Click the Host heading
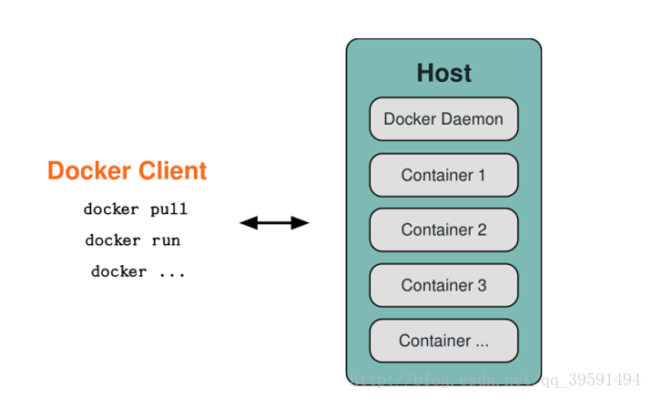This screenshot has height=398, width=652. click(443, 73)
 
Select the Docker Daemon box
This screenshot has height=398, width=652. click(443, 119)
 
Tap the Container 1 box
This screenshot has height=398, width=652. click(443, 175)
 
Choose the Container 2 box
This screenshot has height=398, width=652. click(443, 230)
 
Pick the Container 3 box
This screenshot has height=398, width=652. click(443, 285)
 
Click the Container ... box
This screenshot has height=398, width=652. click(443, 341)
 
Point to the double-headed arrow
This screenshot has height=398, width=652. click(274, 222)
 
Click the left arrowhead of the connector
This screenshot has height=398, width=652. click(246, 222)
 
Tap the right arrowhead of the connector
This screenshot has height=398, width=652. click(302, 222)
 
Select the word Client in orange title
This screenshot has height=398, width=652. click(172, 171)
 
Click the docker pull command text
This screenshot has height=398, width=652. click(135, 209)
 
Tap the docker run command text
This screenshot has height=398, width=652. click(132, 240)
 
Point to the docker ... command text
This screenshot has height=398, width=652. click(138, 271)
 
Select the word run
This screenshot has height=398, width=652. click(166, 240)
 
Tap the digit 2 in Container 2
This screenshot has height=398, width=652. click(482, 230)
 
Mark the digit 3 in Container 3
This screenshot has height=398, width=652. click(482, 285)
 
